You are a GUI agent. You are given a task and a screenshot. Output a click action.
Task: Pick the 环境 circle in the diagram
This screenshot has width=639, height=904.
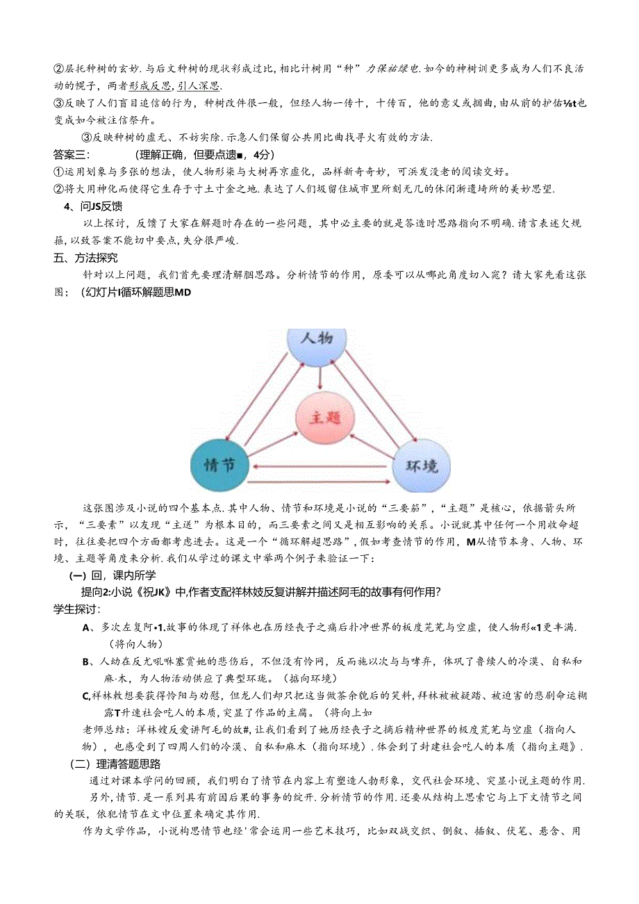tap(422, 464)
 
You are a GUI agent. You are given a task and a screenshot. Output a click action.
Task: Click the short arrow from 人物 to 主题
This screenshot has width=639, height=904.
tap(319, 376)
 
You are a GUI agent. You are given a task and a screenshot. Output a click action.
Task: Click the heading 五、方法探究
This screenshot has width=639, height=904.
tap(85, 258)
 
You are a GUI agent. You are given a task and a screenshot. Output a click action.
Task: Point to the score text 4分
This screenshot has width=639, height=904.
tap(264, 154)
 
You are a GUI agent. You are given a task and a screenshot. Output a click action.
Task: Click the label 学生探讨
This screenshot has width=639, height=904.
tap(76, 609)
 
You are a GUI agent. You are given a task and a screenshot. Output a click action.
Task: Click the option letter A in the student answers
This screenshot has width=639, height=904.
tap(87, 627)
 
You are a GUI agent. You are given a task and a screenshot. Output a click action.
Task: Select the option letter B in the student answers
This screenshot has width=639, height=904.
tap(87, 661)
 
